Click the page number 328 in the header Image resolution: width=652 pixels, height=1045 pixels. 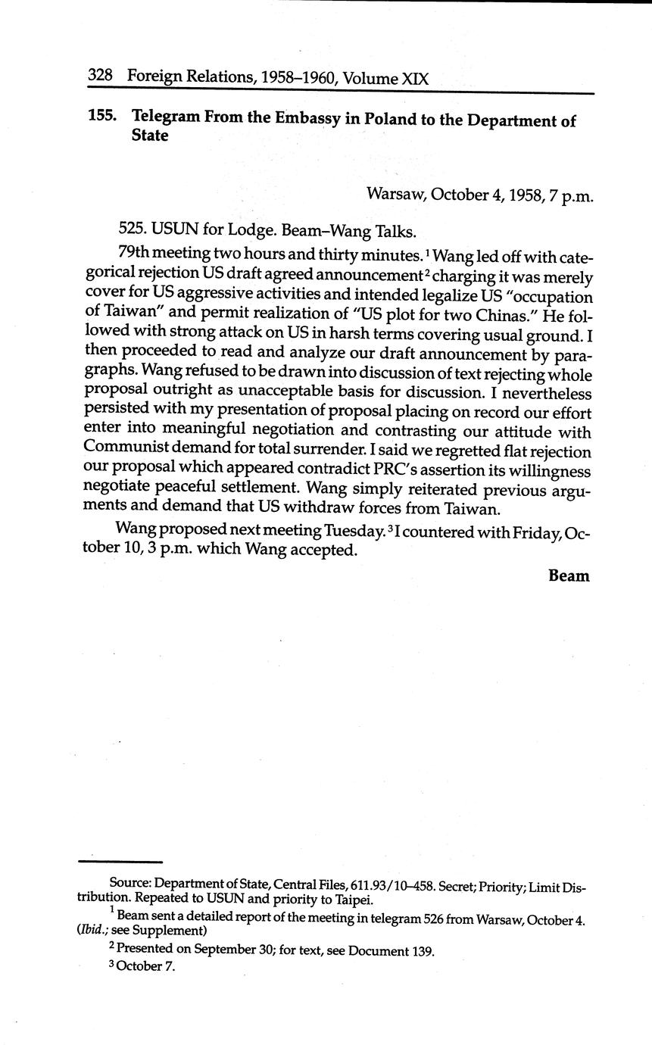coord(100,76)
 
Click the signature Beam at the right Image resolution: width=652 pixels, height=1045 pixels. coord(569,576)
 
